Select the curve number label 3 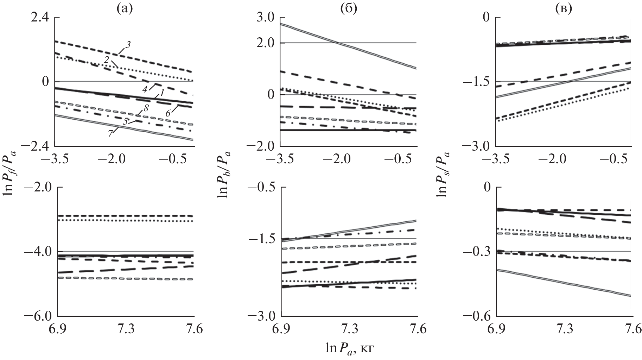[128, 45]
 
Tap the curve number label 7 [110, 134]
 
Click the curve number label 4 [145, 89]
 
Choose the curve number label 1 [162, 93]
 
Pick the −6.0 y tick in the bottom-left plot [37, 316]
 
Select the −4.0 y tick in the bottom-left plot [37, 252]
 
